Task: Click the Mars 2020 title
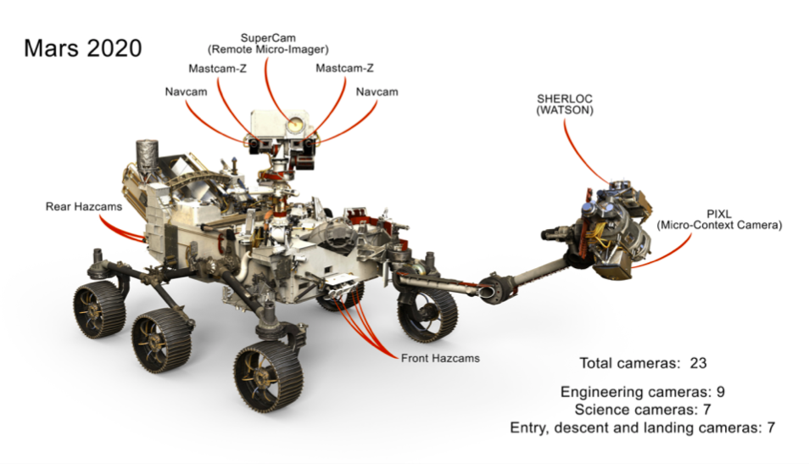(x=82, y=48)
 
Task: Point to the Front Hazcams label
(x=439, y=358)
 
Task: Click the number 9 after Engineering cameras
(x=719, y=392)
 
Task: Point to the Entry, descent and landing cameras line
(x=643, y=428)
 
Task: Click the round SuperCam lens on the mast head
(x=293, y=125)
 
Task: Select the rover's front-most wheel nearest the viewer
(x=269, y=378)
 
